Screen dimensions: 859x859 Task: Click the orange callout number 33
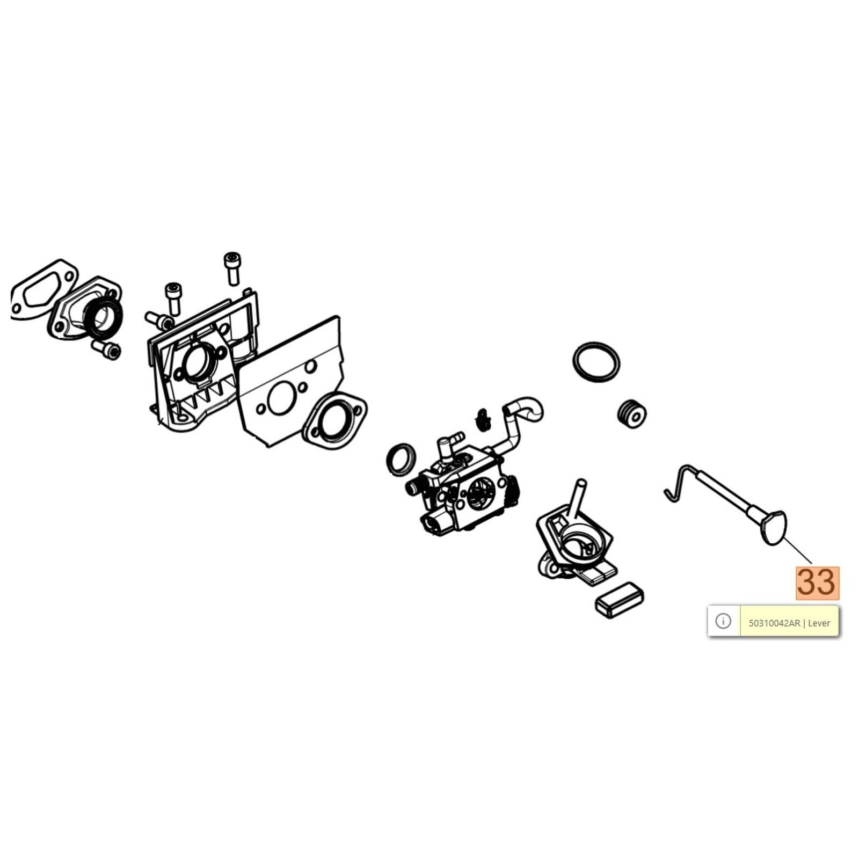click(817, 583)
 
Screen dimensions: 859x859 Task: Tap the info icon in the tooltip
click(723, 621)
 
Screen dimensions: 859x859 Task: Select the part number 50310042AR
click(774, 623)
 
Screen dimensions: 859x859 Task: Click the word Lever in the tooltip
click(819, 623)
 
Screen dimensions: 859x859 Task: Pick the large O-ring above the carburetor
click(596, 362)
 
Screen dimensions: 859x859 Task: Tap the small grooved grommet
click(631, 413)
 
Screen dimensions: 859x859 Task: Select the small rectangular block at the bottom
click(619, 600)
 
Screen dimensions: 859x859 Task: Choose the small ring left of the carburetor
click(401, 460)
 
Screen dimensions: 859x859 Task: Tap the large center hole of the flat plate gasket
click(280, 400)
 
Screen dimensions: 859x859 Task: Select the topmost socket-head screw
click(232, 268)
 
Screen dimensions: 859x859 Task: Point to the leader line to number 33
click(799, 551)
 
